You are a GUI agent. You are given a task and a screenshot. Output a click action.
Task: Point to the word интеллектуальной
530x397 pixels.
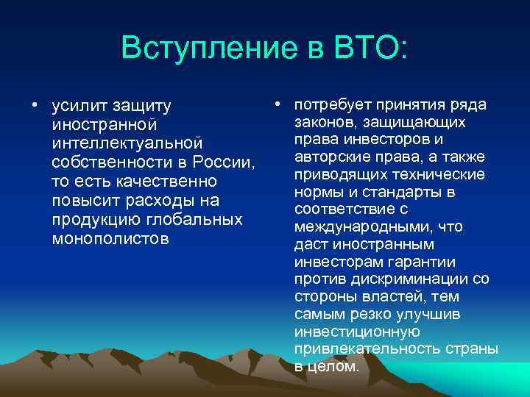coord(127,142)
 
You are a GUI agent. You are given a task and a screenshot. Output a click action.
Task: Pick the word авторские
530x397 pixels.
coord(329,157)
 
